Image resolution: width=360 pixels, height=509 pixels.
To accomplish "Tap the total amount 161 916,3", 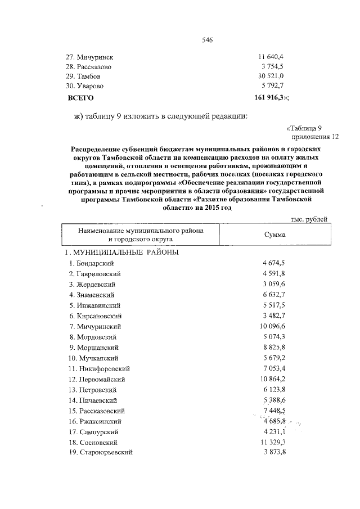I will (x=271, y=97).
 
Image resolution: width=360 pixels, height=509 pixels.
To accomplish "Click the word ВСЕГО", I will (x=80, y=97).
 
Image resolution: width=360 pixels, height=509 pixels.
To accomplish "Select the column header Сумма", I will (x=274, y=235).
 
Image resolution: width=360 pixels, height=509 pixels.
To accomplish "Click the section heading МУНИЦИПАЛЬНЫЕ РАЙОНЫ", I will (x=123, y=253).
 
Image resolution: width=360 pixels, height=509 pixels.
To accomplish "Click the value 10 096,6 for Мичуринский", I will (x=272, y=326).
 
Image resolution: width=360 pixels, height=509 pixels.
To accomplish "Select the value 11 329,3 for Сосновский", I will (x=272, y=442).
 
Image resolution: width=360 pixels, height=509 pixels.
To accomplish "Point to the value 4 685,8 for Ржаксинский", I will (x=274, y=421).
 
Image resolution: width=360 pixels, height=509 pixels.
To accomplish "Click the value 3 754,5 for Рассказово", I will (x=273, y=66).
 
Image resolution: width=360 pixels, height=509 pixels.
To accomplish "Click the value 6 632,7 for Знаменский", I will (x=274, y=295).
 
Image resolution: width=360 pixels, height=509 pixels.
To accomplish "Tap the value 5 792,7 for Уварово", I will (x=273, y=87).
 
